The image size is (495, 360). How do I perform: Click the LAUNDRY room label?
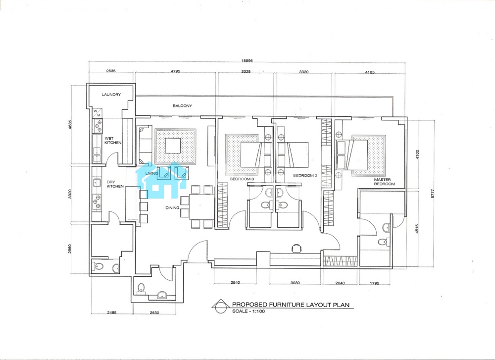click(x=111, y=95)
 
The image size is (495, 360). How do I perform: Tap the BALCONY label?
click(x=182, y=106)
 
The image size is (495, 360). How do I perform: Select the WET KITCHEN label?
click(x=113, y=141)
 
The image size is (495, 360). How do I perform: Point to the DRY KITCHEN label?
click(x=115, y=184)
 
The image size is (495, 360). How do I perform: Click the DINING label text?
click(x=172, y=208)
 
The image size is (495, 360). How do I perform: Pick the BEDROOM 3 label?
click(x=242, y=179)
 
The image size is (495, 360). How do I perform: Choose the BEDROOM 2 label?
click(x=305, y=176)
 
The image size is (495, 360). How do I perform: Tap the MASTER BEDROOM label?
click(x=385, y=182)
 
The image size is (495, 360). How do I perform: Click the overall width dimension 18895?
click(x=247, y=61)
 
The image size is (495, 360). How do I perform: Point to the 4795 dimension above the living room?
click(x=175, y=71)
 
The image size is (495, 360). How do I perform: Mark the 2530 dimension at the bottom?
click(x=154, y=312)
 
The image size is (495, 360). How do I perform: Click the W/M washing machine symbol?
click(x=98, y=113)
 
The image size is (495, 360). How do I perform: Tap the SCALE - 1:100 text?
click(x=248, y=311)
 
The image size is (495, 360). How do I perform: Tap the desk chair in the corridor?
click(x=296, y=248)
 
